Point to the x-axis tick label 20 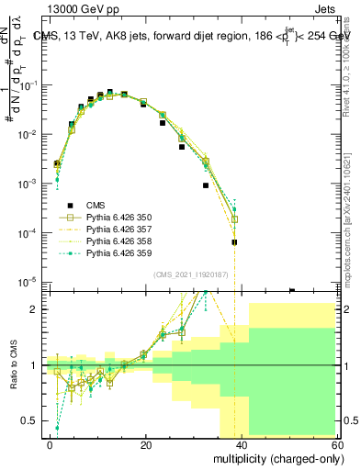click(146, 444)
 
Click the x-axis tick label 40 click(242, 444)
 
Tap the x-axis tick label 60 click(337, 444)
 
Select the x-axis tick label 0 click(51, 444)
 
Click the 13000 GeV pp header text click(55, 9)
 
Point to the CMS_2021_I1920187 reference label click(191, 274)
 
